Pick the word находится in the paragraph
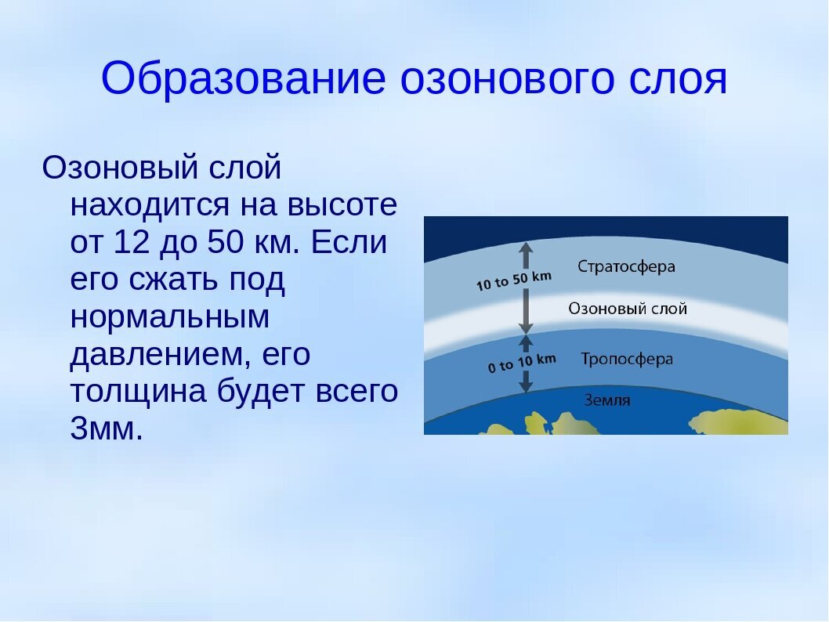point(157,205)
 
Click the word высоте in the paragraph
point(343,205)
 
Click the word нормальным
point(169,317)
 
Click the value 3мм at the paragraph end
point(107,429)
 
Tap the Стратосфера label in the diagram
point(626,266)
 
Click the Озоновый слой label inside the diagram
point(627,309)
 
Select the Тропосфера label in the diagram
point(626,359)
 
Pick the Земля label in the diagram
point(606,400)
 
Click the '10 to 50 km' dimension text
point(513,280)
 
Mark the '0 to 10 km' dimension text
point(521,362)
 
